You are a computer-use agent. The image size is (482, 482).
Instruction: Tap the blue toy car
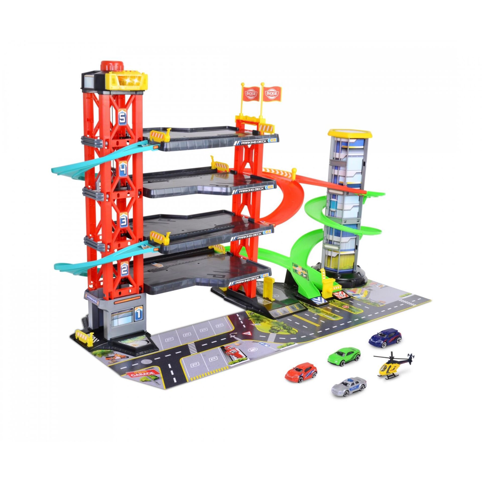(385, 337)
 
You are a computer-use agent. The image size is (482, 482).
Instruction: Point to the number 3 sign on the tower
(124, 220)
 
